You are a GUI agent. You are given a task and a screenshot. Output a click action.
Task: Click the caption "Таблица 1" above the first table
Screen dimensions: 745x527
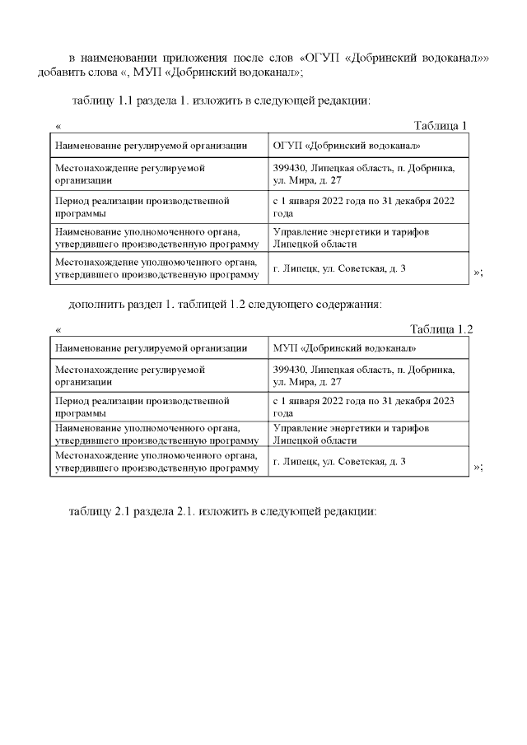click(441, 125)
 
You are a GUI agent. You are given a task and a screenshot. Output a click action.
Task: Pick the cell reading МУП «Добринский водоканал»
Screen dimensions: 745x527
click(344, 349)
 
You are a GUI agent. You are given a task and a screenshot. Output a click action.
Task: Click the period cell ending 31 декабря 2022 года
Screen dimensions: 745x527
click(364, 206)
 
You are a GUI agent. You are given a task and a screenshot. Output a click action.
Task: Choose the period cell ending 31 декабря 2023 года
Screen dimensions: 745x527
click(364, 407)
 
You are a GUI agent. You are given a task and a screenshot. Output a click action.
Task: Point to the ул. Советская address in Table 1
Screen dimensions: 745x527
click(338, 269)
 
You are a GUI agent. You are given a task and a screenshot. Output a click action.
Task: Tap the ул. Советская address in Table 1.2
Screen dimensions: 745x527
click(338, 462)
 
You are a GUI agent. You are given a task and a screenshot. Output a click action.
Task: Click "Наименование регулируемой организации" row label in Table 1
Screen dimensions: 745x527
click(151, 146)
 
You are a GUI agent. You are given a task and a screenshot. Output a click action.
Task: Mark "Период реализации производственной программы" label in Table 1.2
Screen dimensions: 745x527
click(142, 407)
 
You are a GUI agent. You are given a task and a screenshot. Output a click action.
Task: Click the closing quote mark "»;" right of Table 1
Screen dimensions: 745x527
click(478, 272)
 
